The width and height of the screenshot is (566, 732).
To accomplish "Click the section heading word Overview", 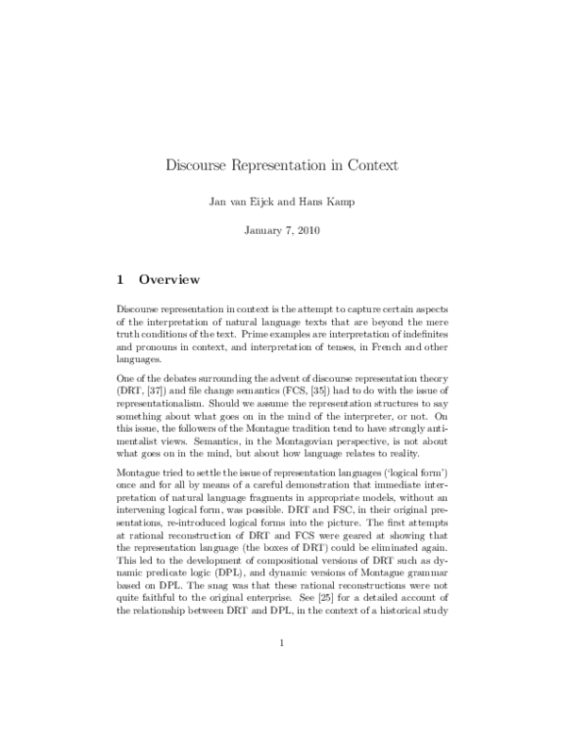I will point(170,279).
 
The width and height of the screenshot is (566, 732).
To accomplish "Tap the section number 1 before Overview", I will point(120,279).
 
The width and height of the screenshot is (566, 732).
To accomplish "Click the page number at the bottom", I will point(282,671).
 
